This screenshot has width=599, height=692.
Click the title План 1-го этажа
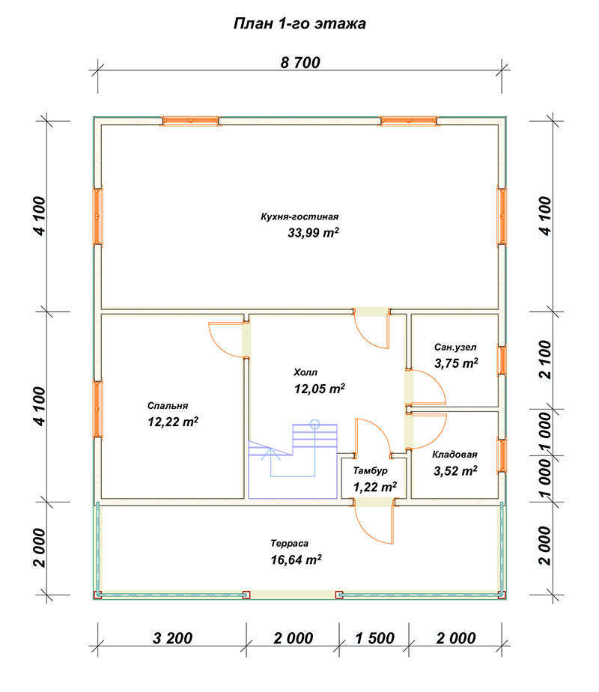299,23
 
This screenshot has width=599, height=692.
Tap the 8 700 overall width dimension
300,63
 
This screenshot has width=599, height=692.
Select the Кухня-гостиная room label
299,216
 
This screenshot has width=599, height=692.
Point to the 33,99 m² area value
313,232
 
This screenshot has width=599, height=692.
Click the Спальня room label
168,406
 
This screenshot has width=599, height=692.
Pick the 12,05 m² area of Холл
320,389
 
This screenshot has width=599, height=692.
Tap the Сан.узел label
455,347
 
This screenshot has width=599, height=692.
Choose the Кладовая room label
454,455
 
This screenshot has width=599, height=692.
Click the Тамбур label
370,470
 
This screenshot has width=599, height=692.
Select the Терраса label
289,543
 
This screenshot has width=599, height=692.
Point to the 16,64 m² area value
296,559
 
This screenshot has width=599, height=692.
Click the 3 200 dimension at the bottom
172,638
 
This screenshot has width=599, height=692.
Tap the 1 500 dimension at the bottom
374,638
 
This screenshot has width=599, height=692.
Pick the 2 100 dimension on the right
545,359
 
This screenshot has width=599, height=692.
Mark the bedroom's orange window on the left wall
97,409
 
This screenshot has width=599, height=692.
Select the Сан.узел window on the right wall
502,360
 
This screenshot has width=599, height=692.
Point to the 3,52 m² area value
455,471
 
